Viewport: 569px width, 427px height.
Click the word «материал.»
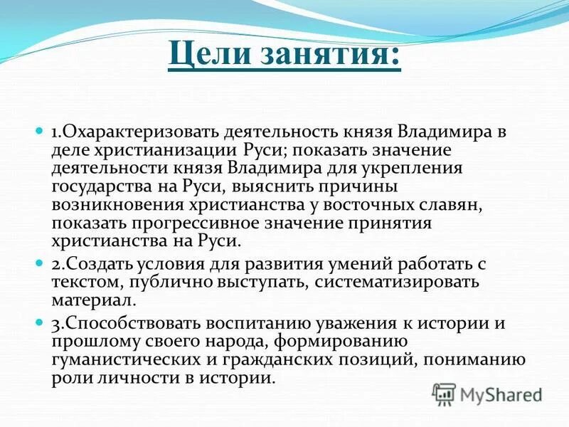pyautogui.click(x=83, y=300)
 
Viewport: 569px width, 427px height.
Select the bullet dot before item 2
pyautogui.click(x=39, y=264)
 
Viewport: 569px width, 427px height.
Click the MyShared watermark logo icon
pyautogui.click(x=445, y=394)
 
